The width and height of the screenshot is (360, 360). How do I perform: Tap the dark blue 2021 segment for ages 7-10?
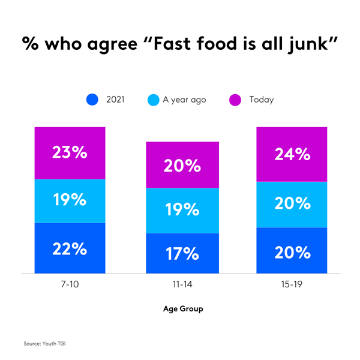(70, 248)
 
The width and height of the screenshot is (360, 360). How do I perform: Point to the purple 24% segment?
(292, 154)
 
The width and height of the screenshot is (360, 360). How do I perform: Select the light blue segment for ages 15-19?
(292, 204)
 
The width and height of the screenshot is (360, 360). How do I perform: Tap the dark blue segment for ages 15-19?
(292, 251)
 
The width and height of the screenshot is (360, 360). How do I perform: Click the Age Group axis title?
(183, 309)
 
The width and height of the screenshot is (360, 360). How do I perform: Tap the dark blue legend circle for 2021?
(92, 100)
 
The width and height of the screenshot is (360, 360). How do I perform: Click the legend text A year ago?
(184, 100)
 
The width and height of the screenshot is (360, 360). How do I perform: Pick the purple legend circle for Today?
(235, 100)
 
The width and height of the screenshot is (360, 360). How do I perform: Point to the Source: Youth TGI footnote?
(47, 343)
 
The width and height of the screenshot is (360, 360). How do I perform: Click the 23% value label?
(70, 152)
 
